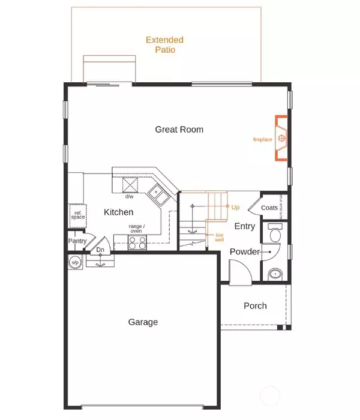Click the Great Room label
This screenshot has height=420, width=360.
tap(179, 130)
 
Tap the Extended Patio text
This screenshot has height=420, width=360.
tap(165, 45)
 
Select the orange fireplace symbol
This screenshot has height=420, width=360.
tap(281, 138)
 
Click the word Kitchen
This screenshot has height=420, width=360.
tap(118, 212)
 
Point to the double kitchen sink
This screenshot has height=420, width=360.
tap(158, 195)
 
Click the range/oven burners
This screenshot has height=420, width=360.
tap(137, 242)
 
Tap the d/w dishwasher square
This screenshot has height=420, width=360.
tap(130, 185)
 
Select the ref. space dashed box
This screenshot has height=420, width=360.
tap(78, 216)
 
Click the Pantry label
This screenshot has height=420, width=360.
tap(77, 241)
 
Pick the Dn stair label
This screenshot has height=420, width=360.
tap(100, 250)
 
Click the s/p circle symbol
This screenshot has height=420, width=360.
tap(75, 262)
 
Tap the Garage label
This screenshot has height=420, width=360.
tap(143, 322)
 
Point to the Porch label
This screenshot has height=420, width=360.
tap(255, 306)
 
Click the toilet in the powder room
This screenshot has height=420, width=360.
tap(275, 233)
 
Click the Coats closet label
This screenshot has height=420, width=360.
tap(269, 208)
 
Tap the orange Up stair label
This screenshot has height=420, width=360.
tap(235, 207)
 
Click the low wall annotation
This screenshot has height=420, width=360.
tap(220, 238)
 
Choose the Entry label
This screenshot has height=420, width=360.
tap(245, 226)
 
